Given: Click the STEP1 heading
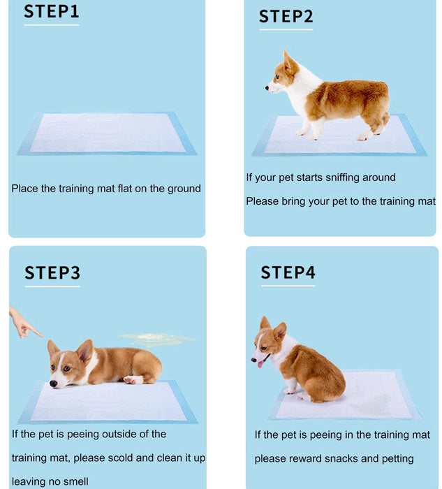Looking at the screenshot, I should click(51, 12).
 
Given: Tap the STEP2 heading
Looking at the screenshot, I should click(286, 17).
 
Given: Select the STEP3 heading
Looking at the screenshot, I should click(52, 273).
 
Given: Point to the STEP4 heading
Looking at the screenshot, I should click(288, 272).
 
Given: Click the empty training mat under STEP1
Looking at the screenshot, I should click(107, 133).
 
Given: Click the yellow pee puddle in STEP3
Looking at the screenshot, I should click(158, 340).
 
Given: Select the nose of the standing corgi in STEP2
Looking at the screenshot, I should click(267, 88).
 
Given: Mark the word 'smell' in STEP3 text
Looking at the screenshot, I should click(74, 481).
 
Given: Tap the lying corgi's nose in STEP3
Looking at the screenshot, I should click(54, 384).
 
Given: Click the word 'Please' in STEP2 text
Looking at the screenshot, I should click(262, 201).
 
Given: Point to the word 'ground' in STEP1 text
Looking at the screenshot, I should click(184, 189).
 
